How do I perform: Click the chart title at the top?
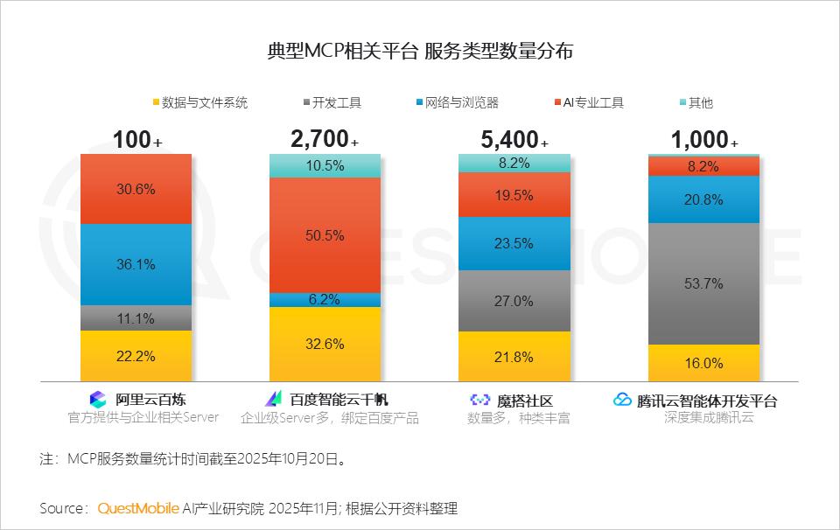[419, 52]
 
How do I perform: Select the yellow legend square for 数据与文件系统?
[157, 103]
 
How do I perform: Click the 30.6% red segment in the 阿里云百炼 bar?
[136, 188]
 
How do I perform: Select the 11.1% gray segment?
[136, 318]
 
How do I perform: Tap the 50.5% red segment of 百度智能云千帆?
[325, 235]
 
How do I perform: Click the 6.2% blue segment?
[325, 299]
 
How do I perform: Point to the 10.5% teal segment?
[325, 166]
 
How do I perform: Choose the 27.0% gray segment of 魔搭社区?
[514, 301]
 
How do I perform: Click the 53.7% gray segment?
[703, 283]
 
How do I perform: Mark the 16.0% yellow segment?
[703, 363]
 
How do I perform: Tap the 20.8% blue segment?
[703, 199]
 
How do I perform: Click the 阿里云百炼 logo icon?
[98, 401]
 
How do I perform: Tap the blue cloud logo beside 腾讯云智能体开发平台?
[622, 401]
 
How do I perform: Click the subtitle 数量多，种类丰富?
[519, 418]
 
